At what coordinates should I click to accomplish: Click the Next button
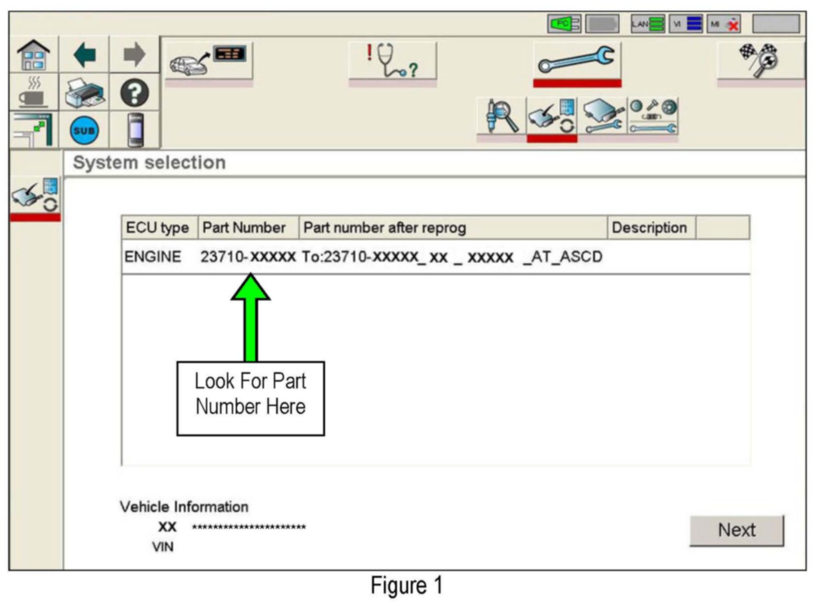click(736, 530)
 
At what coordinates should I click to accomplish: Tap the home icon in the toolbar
click(33, 55)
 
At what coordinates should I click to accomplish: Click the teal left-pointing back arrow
click(84, 55)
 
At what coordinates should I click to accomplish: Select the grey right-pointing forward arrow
click(134, 55)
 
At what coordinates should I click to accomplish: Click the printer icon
click(84, 93)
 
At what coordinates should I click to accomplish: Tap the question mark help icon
click(134, 93)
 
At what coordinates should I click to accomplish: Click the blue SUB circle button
click(84, 131)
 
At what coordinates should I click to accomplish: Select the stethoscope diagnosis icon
click(392, 61)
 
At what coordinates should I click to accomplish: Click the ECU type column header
click(157, 227)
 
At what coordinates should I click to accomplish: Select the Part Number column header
click(244, 227)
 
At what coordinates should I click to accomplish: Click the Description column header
click(649, 227)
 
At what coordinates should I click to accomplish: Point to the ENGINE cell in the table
click(153, 257)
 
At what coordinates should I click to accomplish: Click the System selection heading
click(149, 163)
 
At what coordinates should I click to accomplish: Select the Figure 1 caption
click(407, 586)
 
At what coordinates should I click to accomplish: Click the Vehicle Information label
click(184, 507)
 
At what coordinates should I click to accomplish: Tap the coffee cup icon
click(33, 93)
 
